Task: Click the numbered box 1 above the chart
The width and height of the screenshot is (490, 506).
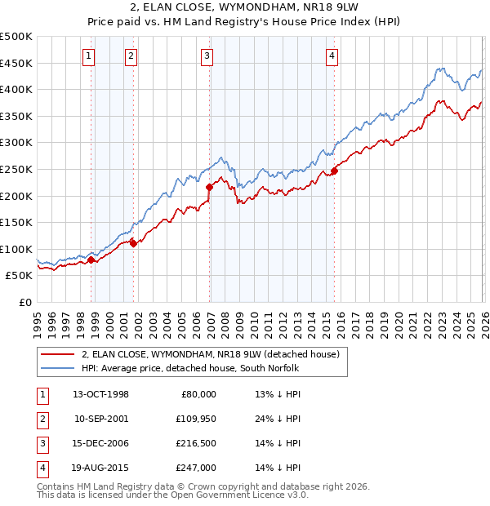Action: [87, 55]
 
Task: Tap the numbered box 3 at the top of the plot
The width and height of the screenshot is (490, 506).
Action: [207, 55]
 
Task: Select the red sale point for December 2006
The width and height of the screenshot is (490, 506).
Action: [210, 187]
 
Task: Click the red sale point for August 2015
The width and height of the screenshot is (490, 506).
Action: [334, 171]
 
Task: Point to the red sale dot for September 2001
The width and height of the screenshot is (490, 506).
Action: [133, 243]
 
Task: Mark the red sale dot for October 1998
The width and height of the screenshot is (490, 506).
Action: [91, 260]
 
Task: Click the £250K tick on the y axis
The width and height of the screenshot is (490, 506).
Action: [16, 169]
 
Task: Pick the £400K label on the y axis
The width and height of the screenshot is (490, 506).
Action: [16, 89]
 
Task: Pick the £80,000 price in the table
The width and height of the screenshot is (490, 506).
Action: [198, 393]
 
